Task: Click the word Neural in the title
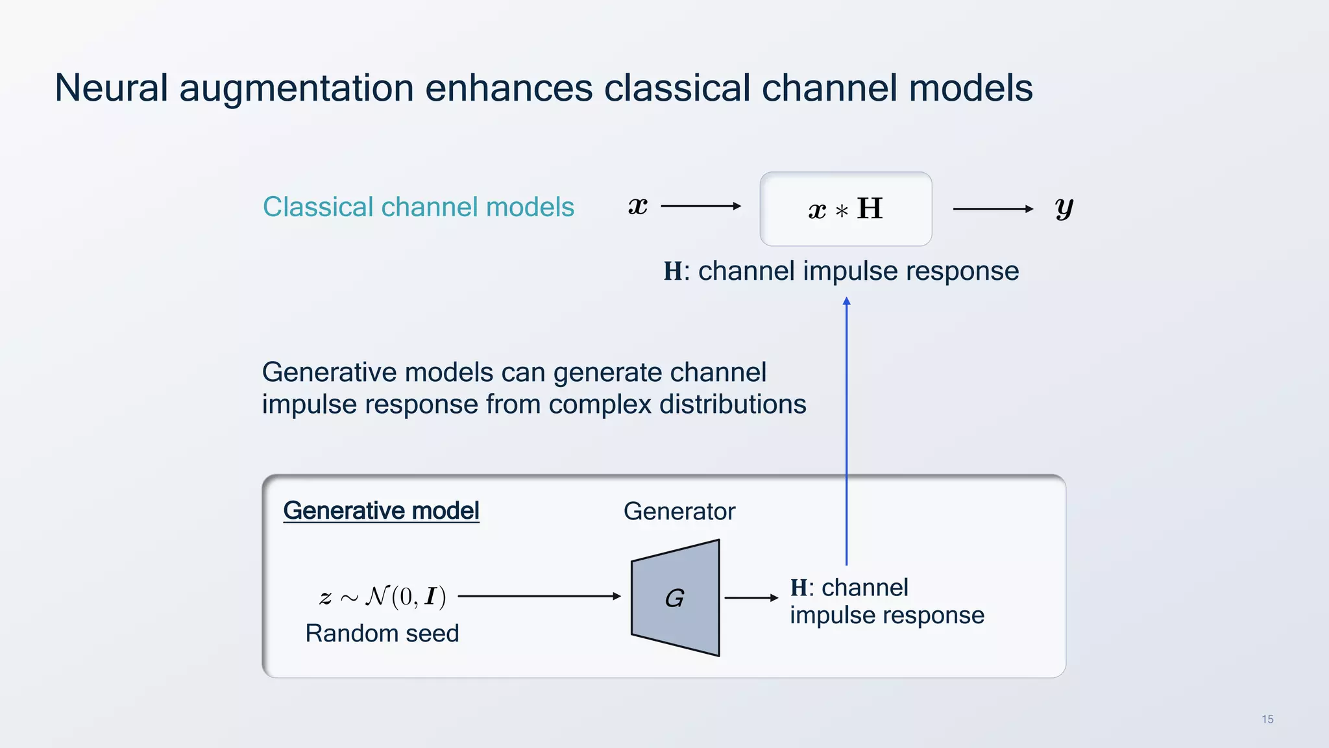111,88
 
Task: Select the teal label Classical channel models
418,207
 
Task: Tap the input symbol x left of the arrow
638,206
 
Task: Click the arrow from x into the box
700,206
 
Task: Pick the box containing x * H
846,209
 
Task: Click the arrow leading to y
992,209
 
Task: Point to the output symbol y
1064,209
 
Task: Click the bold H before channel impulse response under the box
673,271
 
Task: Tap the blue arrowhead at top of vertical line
846,301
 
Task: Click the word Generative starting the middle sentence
330,373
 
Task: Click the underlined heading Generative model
381,511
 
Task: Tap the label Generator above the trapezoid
679,512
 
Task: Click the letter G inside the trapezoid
675,598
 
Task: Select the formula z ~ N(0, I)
383,596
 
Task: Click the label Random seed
382,633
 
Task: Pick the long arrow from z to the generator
539,596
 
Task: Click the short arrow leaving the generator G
751,598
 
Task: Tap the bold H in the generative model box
799,588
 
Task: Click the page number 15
1267,719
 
